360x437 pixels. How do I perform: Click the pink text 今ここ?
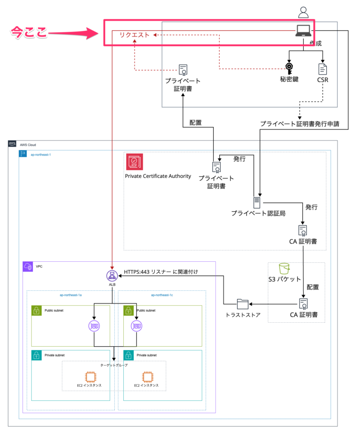point(29,33)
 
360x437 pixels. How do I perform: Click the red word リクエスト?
point(135,35)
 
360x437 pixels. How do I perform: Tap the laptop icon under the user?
point(302,31)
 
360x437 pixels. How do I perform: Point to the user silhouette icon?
point(303,12)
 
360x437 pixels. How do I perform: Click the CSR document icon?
point(322,69)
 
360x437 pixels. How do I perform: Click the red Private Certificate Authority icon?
point(134,162)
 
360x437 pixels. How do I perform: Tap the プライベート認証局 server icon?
point(256,202)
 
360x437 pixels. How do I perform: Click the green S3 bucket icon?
point(284,268)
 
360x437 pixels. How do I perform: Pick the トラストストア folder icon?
point(242,304)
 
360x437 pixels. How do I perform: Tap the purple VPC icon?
point(28,267)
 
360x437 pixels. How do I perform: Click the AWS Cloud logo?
point(12,144)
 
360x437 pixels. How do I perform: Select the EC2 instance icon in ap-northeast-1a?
point(90,376)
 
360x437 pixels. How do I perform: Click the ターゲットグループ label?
point(114,365)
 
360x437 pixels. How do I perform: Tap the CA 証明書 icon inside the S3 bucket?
point(303,304)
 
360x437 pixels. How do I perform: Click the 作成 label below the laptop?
point(315,43)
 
